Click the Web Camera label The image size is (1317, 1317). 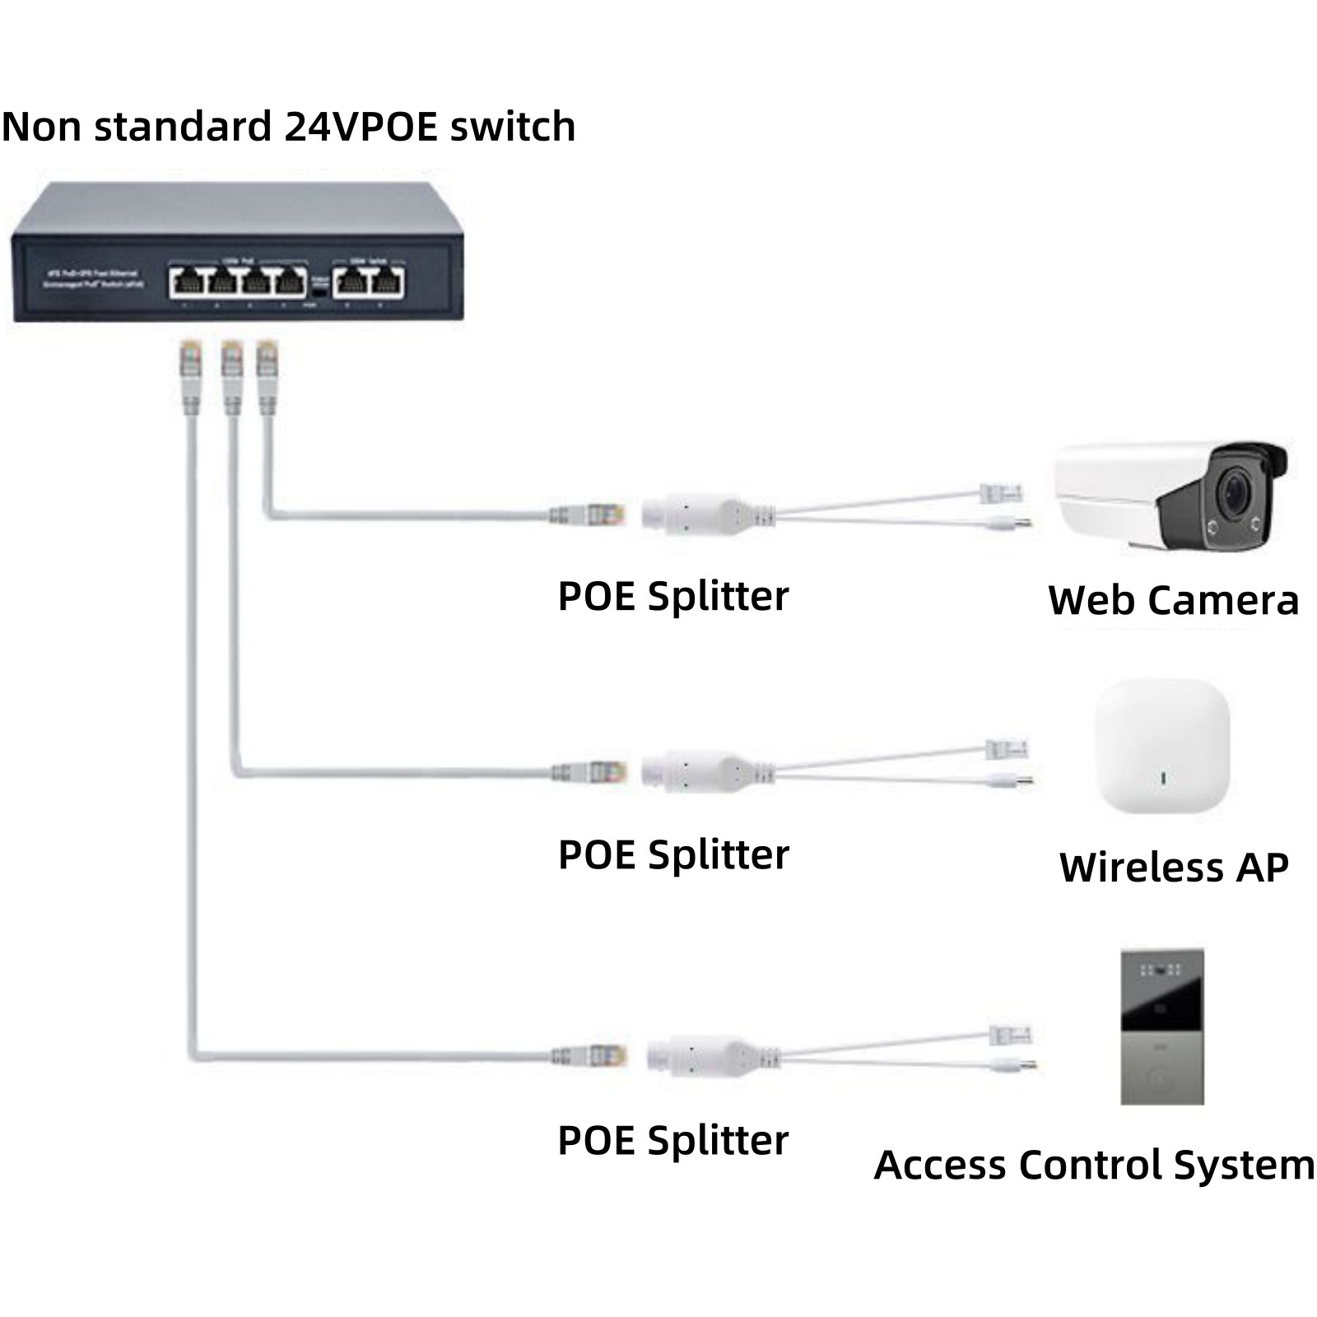[1173, 600]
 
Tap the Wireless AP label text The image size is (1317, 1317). [1173, 867]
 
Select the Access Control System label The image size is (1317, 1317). [1094, 1165]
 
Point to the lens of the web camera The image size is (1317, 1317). [1234, 492]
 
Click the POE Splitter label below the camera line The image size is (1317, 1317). [672, 596]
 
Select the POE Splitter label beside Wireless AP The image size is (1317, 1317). [672, 854]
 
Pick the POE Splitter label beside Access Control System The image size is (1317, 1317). [672, 1140]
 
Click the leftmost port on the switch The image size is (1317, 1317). [185, 282]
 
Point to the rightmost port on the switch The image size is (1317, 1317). [388, 282]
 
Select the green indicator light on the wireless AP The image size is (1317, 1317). [1162, 776]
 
